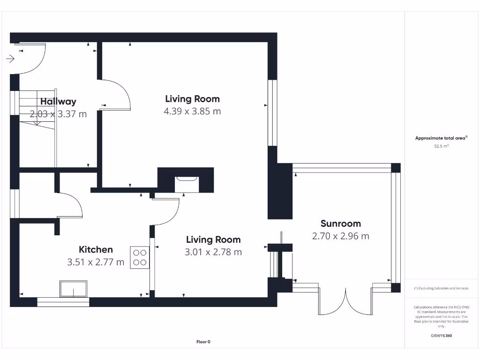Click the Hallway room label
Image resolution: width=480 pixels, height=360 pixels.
[x=58, y=101]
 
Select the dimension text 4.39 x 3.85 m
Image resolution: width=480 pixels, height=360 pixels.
[x=192, y=111]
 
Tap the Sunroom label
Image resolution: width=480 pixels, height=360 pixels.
[x=340, y=224]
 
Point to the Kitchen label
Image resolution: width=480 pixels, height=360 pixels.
[x=96, y=250]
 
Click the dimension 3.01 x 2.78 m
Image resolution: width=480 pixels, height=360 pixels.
[x=213, y=252]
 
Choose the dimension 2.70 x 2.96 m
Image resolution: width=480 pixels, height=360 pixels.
[x=340, y=236]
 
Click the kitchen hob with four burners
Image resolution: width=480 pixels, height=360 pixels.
[x=140, y=257]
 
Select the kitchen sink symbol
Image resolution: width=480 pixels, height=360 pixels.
[x=74, y=288]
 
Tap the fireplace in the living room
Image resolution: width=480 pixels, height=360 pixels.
[x=186, y=184]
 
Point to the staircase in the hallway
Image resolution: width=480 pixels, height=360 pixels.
[x=37, y=112]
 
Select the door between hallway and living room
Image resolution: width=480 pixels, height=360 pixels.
[x=116, y=94]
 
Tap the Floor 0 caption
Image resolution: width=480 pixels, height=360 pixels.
[x=203, y=342]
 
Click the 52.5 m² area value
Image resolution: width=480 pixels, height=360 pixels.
[x=441, y=146]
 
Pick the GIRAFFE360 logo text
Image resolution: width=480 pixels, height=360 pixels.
[x=441, y=336]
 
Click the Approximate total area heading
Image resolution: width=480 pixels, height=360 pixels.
[x=441, y=138]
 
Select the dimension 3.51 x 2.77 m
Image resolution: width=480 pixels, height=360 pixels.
[x=96, y=262]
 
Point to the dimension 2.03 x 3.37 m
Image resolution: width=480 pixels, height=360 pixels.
[x=58, y=113]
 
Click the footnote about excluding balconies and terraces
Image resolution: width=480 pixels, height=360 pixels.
[x=441, y=288]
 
